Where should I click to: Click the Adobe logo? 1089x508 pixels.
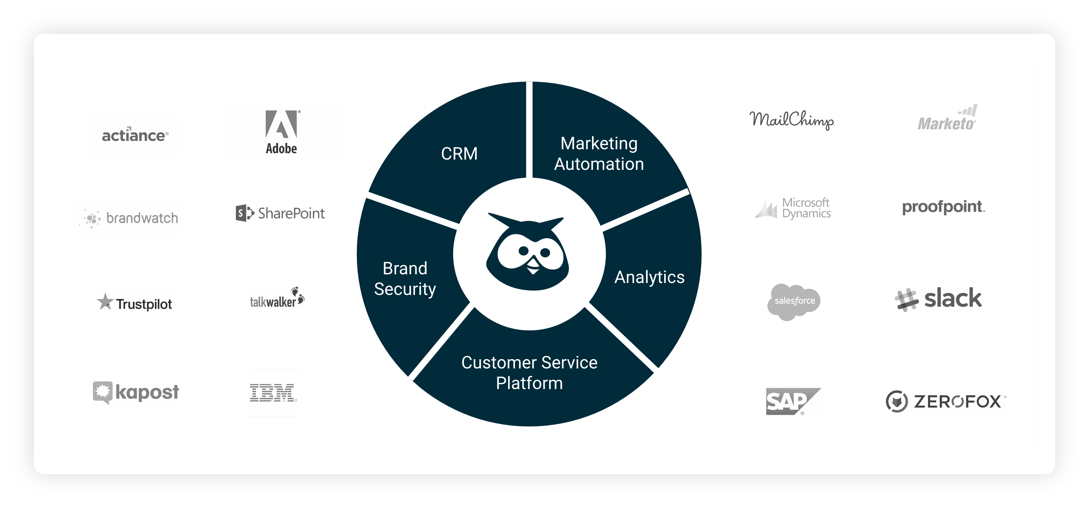281,132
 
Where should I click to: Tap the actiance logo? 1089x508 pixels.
135,135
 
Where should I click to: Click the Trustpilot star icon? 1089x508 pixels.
105,302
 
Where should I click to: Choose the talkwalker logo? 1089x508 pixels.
277,298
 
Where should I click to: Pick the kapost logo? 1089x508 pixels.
136,392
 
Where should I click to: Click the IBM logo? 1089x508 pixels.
273,393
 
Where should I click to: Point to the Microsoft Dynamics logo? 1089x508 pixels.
793,208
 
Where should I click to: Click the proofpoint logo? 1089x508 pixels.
943,207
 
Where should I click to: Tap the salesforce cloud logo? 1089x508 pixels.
793,301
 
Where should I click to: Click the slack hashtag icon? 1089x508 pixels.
906,300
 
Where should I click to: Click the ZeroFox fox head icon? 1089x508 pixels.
896,401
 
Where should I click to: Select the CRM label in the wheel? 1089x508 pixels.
459,153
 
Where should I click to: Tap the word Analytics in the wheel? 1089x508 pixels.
649,278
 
